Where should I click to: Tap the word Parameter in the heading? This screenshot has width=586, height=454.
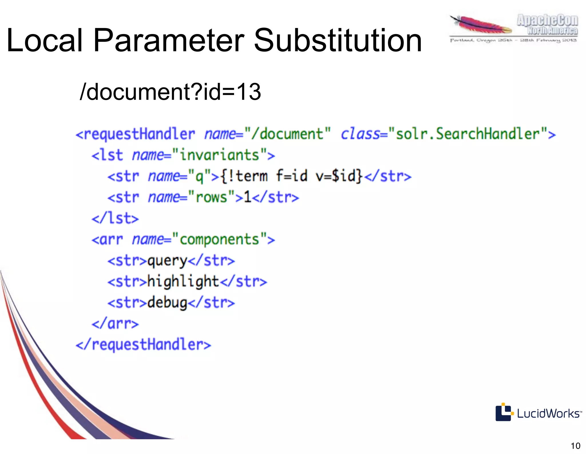[x=169, y=41]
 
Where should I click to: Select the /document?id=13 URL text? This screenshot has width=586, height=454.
[x=171, y=92]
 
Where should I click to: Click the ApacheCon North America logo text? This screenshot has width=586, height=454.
[x=547, y=25]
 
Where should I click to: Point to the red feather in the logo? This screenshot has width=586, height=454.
[x=481, y=25]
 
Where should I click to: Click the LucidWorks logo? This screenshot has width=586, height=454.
[x=538, y=413]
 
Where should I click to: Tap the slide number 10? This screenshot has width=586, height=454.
[x=575, y=446]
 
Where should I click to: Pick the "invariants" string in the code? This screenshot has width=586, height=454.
[x=219, y=155]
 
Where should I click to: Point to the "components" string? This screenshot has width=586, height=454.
[x=219, y=240]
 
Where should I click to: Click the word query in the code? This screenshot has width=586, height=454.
[x=167, y=261]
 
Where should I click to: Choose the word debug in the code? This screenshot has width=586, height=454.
[x=167, y=303]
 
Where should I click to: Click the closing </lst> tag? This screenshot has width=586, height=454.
[x=115, y=218]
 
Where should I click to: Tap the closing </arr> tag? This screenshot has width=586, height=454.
[x=115, y=324]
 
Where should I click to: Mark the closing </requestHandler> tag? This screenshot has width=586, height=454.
[x=143, y=345]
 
